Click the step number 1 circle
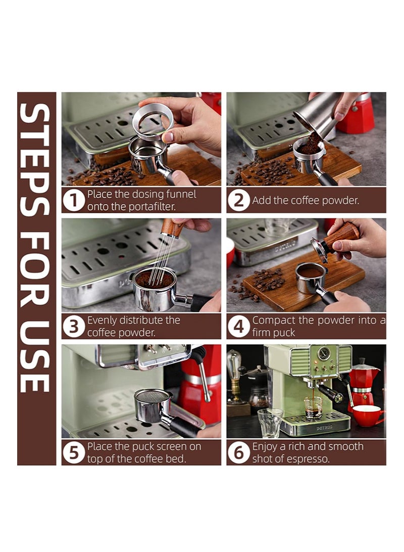coord(74,201)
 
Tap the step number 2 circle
coord(238,201)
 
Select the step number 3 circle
coord(74,327)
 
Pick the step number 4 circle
coord(238,327)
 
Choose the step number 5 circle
coord(74,453)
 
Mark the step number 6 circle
coord(238,453)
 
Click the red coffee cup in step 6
coord(367,416)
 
